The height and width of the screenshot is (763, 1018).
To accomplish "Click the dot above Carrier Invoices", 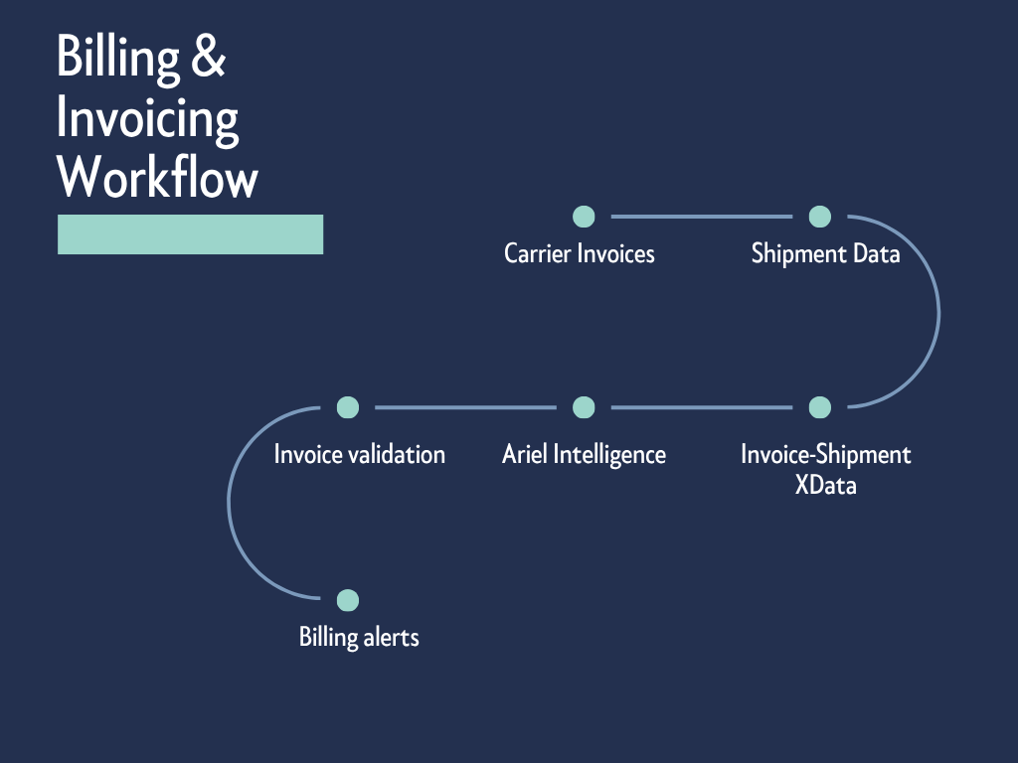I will [584, 217].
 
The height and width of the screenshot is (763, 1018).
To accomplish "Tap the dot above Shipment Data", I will [819, 217].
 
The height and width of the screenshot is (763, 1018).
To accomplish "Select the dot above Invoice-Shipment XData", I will [819, 407].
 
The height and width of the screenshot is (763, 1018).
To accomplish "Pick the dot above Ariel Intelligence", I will [584, 407].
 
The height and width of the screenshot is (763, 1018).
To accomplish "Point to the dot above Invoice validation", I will [347, 407].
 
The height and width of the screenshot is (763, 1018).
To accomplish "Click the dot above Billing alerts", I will [347, 600].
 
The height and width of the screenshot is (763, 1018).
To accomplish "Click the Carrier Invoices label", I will [580, 254].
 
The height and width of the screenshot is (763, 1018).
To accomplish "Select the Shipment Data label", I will [825, 254].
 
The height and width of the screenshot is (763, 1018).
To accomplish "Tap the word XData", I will [826, 486].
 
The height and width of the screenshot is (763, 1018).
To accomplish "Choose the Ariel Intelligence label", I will [584, 455].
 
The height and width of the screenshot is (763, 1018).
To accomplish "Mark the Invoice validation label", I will [360, 455].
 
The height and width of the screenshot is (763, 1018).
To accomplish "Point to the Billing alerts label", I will [359, 637].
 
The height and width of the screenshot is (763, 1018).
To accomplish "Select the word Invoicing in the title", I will [147, 119].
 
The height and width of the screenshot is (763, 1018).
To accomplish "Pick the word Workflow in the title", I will [157, 179].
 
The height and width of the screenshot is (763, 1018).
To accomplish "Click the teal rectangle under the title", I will [190, 234].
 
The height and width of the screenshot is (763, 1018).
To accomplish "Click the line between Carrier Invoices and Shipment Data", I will [701, 217].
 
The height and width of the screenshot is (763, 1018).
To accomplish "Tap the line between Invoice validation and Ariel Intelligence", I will [465, 407].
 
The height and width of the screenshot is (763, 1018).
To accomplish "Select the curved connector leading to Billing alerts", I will [230, 504].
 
